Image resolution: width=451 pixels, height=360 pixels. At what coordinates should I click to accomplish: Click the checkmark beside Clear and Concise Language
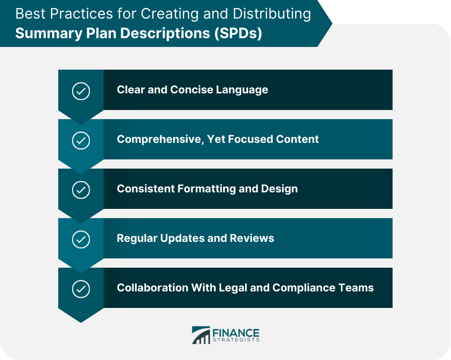point(80,91)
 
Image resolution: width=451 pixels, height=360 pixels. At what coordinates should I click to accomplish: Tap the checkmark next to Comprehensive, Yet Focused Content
point(80,140)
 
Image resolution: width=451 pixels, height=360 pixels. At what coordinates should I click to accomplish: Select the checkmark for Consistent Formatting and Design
point(80,190)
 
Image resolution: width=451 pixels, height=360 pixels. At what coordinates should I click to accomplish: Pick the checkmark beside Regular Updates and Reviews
point(80,239)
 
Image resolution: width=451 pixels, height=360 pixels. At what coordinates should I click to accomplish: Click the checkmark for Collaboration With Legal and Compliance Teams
point(80,289)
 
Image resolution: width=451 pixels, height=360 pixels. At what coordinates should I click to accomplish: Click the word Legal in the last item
point(238,288)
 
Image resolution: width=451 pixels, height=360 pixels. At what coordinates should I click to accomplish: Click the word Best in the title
point(30,13)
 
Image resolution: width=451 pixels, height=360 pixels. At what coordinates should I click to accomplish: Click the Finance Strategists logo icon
point(201,335)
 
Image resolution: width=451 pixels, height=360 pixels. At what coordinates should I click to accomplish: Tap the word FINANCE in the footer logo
point(236,332)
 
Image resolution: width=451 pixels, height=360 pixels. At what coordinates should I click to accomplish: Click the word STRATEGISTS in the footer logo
point(236,340)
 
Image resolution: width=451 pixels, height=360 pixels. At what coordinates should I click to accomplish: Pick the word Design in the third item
point(280,189)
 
